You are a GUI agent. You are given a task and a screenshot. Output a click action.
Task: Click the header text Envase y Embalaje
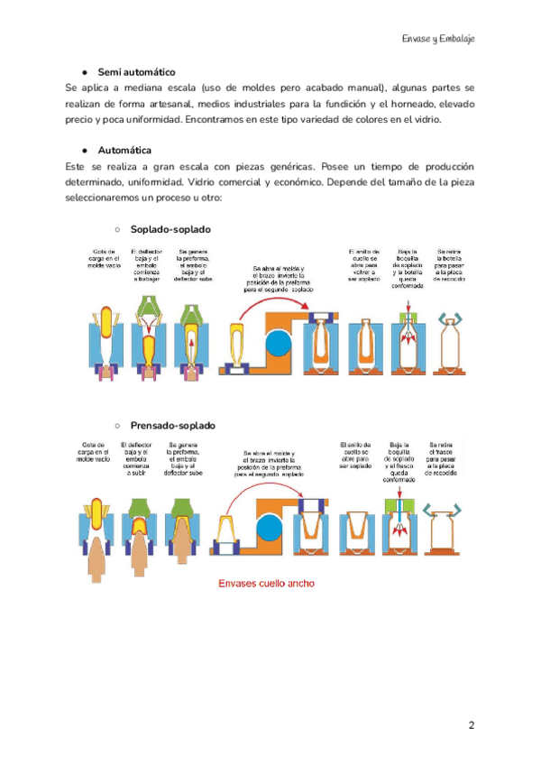(x=438, y=40)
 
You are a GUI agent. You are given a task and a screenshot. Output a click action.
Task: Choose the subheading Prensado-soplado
(x=173, y=425)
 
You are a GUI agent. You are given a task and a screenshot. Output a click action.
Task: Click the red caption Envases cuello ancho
(x=266, y=584)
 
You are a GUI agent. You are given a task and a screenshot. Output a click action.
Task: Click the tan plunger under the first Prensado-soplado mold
(x=97, y=559)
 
